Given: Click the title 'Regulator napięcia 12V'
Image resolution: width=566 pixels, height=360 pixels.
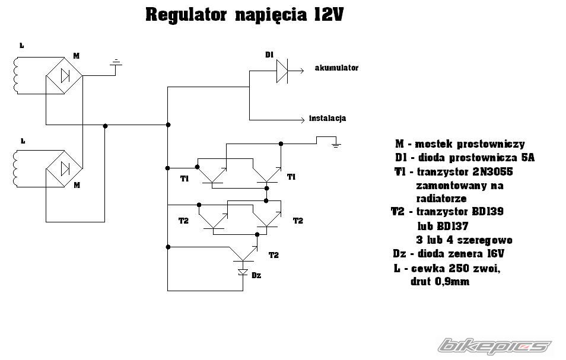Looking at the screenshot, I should [x=244, y=15].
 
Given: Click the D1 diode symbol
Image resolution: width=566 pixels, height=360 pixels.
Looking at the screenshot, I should [x=282, y=71].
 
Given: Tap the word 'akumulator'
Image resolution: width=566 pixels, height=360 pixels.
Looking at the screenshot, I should [x=336, y=68].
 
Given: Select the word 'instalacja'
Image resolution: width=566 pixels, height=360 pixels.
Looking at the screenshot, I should [x=327, y=118].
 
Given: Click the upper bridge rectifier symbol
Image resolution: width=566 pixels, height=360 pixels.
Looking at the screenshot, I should [x=64, y=77].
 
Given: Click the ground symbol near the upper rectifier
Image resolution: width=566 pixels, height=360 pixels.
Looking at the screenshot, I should [x=117, y=63].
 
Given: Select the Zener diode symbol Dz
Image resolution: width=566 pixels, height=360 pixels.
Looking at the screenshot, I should [x=243, y=272].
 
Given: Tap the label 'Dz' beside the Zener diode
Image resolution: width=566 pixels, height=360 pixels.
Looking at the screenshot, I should [x=256, y=275].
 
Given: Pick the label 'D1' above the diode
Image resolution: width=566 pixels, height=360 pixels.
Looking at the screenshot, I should [x=269, y=55].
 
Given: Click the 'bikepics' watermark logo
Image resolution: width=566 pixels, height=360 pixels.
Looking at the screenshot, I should [x=495, y=345].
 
